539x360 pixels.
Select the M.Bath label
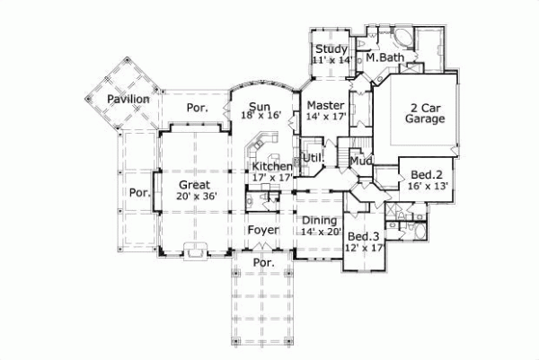coord(385,58)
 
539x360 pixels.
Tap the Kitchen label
coord(271,166)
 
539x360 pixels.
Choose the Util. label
coord(314,159)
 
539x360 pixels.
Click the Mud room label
coord(360,162)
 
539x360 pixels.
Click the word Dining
coord(319,220)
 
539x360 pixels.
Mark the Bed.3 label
coord(363,234)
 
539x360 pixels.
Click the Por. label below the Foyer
coord(263,262)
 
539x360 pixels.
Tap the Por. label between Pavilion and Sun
coord(197,108)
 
